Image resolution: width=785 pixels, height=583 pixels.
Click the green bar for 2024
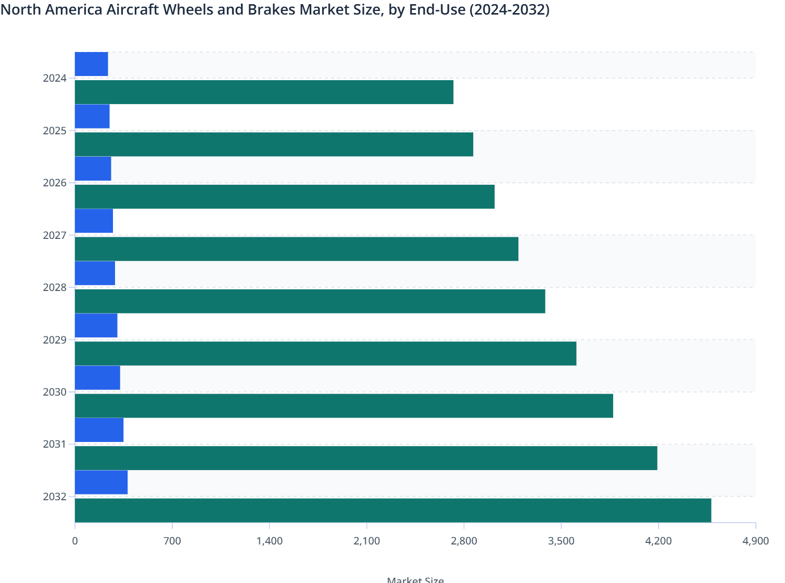point(264,92)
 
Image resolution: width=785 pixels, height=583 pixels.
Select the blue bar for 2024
point(92,64)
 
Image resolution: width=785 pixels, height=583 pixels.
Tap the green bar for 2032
point(393,510)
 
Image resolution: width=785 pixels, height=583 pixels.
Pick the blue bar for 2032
point(101,482)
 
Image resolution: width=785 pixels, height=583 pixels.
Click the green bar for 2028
point(310,301)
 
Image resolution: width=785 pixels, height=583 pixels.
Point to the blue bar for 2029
point(96,325)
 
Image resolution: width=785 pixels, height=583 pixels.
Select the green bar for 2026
point(285,197)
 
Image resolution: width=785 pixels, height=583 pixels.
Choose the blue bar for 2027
point(94,221)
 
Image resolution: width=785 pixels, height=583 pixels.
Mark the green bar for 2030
point(344,405)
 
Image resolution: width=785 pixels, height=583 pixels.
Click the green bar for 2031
point(366,458)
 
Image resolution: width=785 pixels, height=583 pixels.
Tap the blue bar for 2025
point(92,116)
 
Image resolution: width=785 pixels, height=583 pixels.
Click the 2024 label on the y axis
point(55,79)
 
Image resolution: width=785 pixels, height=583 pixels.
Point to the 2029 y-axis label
point(55,340)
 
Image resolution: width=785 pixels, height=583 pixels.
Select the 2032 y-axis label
point(55,497)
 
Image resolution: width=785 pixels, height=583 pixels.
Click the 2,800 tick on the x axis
point(464,541)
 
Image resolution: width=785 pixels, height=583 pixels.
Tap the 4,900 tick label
point(755,541)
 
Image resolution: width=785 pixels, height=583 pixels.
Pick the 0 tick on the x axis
point(75,541)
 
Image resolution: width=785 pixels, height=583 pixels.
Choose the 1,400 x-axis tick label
point(270,541)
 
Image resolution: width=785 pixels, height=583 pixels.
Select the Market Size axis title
point(415,579)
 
